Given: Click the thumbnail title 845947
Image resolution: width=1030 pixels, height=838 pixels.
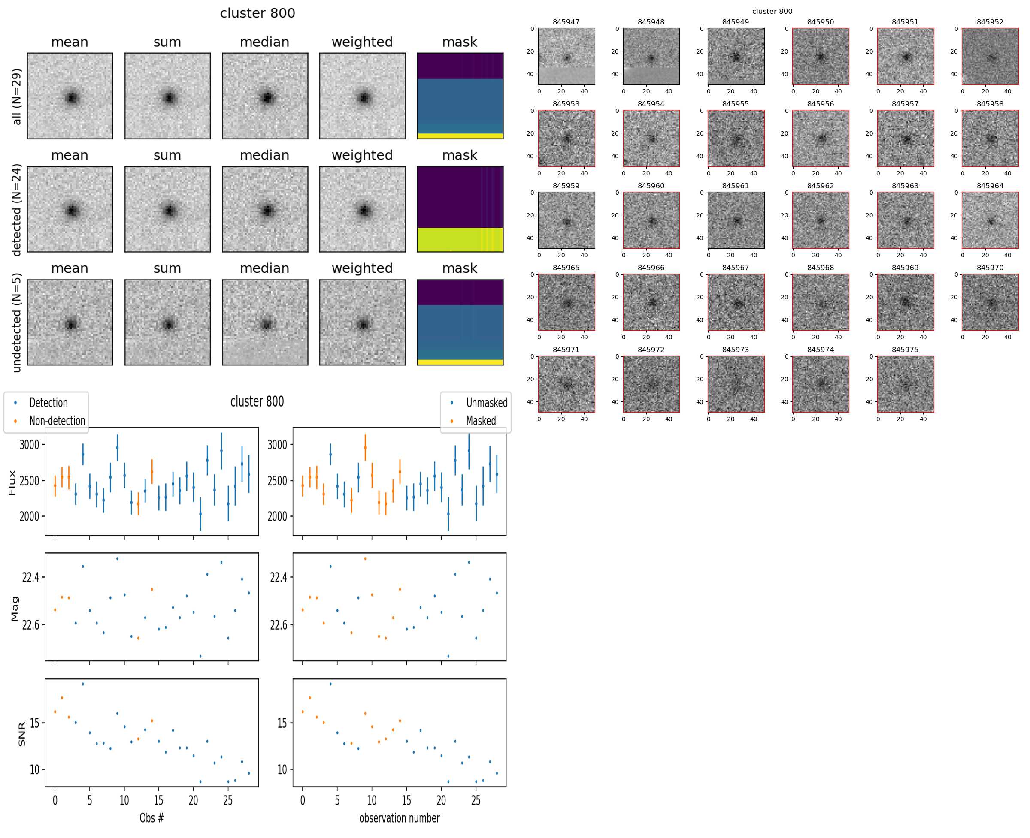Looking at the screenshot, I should [x=566, y=22].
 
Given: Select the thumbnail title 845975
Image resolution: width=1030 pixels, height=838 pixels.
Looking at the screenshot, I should [x=905, y=350].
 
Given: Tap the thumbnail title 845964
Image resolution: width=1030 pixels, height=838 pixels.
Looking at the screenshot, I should [x=990, y=186].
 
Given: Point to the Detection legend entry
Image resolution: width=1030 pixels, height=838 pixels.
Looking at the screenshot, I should [x=48, y=403].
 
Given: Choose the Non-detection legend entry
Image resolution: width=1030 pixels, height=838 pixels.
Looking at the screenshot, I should [x=57, y=421].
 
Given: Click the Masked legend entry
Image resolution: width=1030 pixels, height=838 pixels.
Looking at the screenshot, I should [x=480, y=421].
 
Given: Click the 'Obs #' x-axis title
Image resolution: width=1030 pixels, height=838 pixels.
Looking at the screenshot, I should [x=151, y=818].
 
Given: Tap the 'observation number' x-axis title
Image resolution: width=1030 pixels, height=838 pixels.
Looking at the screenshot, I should [x=399, y=818].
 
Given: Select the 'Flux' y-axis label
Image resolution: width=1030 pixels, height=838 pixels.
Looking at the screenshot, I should [x=12, y=483].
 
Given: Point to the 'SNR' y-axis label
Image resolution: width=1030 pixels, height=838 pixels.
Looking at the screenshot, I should [x=22, y=734].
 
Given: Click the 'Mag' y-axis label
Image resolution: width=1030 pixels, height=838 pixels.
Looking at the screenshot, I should [x=15, y=608].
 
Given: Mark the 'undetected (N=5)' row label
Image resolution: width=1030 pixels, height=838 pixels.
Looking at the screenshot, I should [x=16, y=323].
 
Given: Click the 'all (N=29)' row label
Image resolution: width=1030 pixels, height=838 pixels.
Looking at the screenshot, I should [x=16, y=96].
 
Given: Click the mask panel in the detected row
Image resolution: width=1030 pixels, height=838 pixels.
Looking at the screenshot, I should [x=460, y=209].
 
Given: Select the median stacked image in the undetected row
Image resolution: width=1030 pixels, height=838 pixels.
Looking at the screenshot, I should [x=265, y=323].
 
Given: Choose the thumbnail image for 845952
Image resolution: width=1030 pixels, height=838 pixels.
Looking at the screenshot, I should [x=990, y=57].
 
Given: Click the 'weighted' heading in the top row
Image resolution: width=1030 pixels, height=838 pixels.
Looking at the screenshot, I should [x=362, y=42].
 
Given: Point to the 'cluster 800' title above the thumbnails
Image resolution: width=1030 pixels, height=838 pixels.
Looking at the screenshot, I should [x=772, y=11].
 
